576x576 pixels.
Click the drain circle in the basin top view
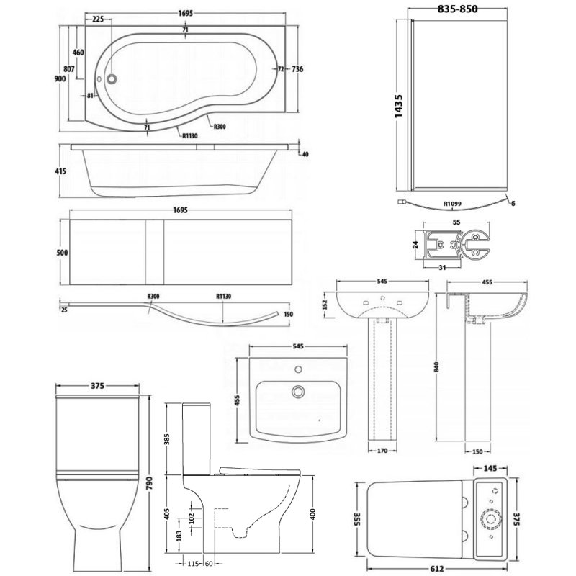[x=297, y=392]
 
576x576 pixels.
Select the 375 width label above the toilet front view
[x=99, y=385]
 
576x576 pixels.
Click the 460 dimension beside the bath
[x=79, y=53]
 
